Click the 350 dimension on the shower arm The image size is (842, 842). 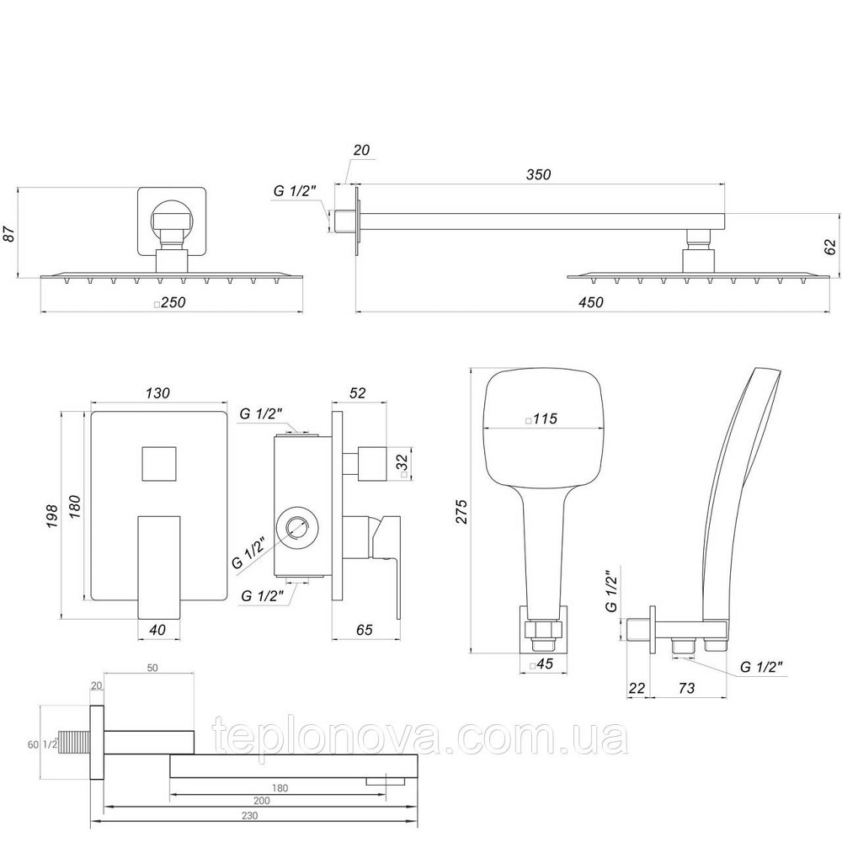pyautogui.click(x=538, y=175)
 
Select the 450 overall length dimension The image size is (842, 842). pyautogui.click(x=591, y=303)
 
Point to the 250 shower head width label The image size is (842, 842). pyautogui.click(x=172, y=303)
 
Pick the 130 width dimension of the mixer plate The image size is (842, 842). pyautogui.click(x=157, y=393)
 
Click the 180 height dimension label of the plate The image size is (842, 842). pyautogui.click(x=73, y=509)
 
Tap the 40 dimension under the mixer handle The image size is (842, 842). pyautogui.click(x=157, y=630)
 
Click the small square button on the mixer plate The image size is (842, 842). pyautogui.click(x=157, y=461)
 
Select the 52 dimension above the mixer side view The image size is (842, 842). pyautogui.click(x=357, y=393)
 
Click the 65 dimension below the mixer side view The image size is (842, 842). pyautogui.click(x=365, y=630)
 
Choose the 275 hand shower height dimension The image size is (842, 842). pyautogui.click(x=461, y=509)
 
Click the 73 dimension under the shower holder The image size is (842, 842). pyautogui.click(x=685, y=689)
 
